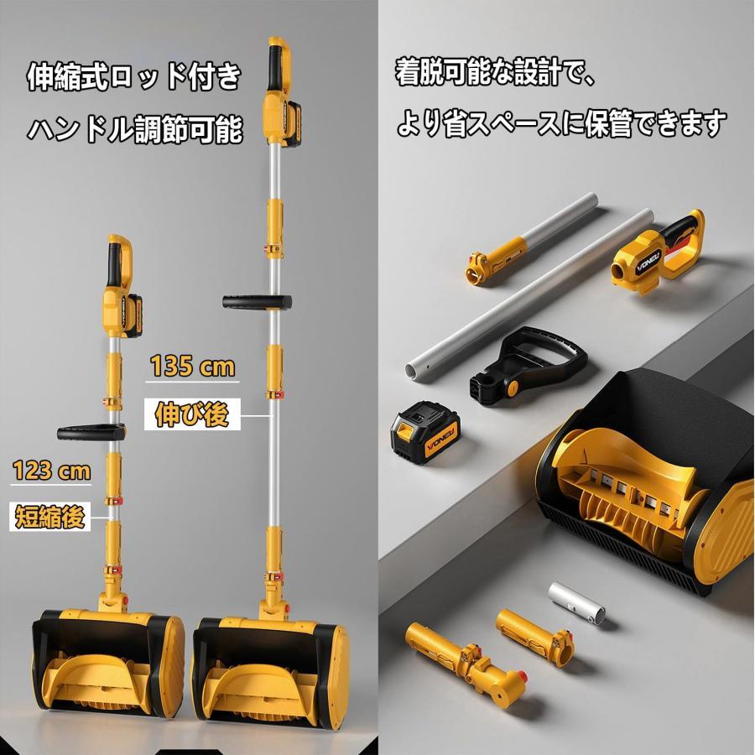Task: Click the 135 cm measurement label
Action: point(193,366)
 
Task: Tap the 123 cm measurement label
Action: point(51,470)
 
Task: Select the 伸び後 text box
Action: point(192,414)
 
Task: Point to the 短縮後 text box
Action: point(50,516)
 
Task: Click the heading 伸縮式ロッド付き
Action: point(134,76)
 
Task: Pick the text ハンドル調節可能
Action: point(134,129)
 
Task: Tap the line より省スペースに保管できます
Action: point(561,122)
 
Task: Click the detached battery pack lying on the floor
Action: point(424,431)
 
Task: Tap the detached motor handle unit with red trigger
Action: point(658,253)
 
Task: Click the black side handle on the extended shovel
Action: point(258,302)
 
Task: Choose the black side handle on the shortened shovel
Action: point(91,432)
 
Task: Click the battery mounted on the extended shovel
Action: point(292,124)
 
